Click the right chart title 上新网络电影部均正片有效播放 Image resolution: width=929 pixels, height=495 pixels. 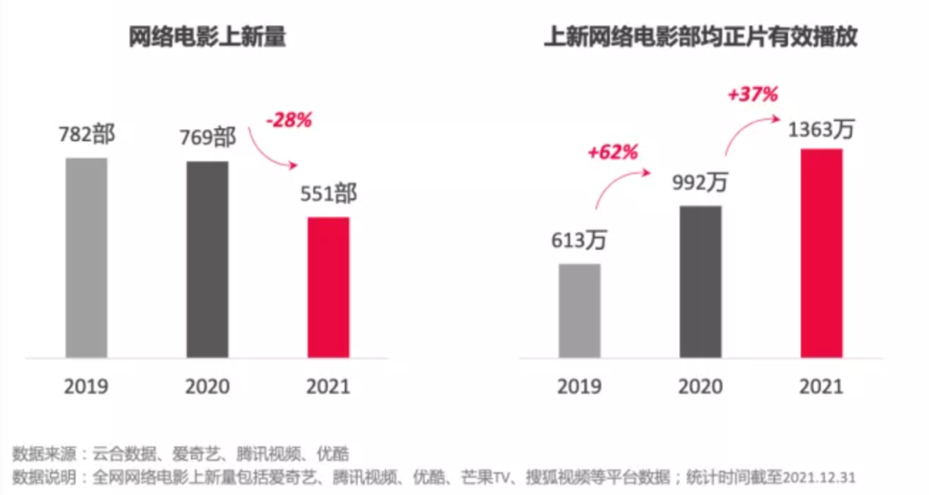[700, 39]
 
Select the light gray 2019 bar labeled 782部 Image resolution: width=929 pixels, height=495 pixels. [86, 257]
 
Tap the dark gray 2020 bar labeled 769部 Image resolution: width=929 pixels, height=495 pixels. [208, 258]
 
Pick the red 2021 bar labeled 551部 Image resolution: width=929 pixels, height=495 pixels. [329, 287]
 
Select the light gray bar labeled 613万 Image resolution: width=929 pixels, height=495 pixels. [579, 310]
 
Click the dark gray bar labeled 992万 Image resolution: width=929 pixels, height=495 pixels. [700, 282]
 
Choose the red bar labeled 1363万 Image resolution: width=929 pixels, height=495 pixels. [821, 252]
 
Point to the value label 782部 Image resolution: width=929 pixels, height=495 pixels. [86, 136]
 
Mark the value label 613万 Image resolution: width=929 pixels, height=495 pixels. [579, 240]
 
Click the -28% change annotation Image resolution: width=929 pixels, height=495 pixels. [289, 121]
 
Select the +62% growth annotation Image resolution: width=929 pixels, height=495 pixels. [612, 153]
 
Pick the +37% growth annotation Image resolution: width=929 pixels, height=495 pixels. [752, 95]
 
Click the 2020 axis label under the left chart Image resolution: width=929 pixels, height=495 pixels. [207, 386]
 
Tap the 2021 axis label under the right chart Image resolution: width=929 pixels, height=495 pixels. [821, 386]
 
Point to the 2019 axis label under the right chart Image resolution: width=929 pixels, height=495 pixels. [579, 386]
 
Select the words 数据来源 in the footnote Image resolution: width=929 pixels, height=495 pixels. [40, 454]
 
